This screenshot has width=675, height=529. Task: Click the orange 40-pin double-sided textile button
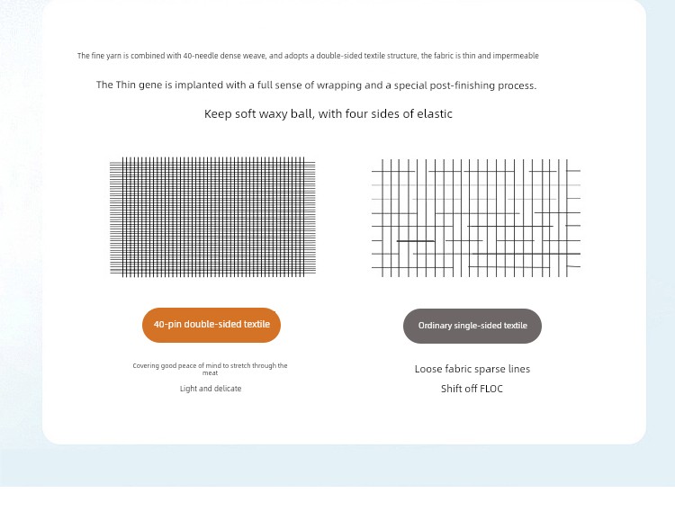point(211,325)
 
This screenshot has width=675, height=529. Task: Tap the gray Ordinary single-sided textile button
point(472,326)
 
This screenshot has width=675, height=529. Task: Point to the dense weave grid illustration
point(212,217)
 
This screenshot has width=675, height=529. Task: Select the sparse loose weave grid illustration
point(475,218)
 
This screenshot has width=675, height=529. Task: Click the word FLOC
point(491,389)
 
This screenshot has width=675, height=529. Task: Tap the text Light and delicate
point(211,389)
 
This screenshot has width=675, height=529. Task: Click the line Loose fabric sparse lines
point(472,369)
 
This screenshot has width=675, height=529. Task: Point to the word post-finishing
point(443,85)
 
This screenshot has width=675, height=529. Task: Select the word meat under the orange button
point(210,372)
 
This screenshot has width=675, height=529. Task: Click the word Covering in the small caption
point(146,366)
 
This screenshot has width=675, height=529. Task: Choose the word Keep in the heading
point(218,114)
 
